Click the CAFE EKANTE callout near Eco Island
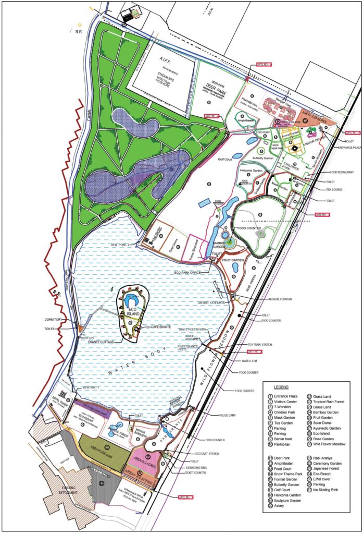(x=161, y=326)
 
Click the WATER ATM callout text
(x=251, y=360)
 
